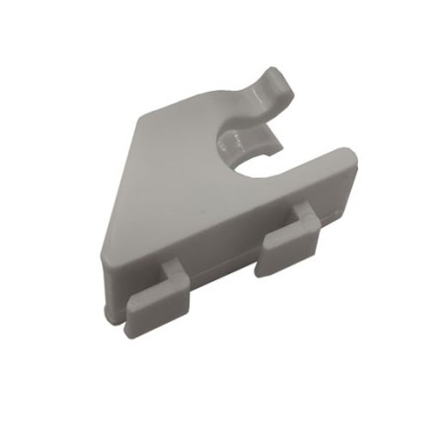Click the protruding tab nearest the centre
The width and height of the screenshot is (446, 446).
287,243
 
